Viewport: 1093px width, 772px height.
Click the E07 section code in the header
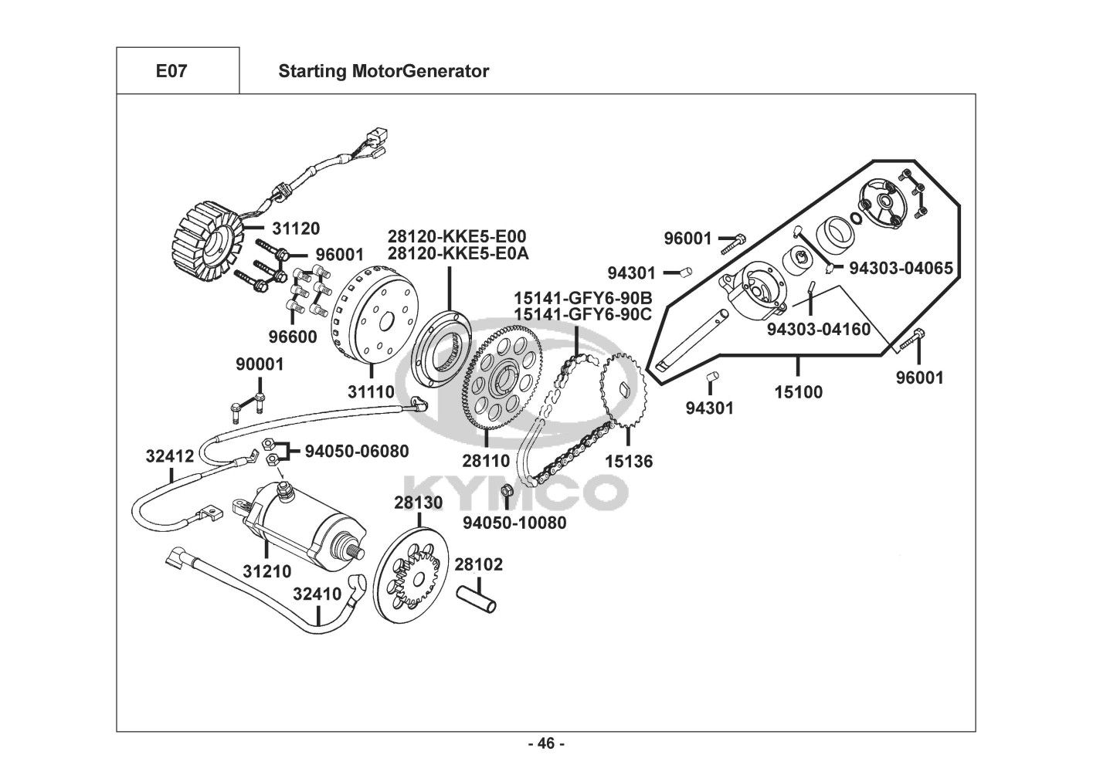click(x=171, y=71)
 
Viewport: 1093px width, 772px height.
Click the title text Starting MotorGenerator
click(x=383, y=71)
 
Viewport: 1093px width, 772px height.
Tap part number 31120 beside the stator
click(x=295, y=229)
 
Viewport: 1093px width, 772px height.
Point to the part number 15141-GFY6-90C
click(x=583, y=313)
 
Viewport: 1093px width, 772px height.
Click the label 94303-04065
click(x=901, y=268)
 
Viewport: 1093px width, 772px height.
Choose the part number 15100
click(x=799, y=391)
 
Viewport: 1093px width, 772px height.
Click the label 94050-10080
click(x=514, y=523)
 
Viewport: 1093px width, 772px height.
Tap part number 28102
click(x=478, y=564)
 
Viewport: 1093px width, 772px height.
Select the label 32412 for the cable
click(x=169, y=456)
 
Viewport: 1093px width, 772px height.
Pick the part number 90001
click(x=260, y=364)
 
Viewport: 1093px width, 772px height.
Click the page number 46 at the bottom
click(x=546, y=744)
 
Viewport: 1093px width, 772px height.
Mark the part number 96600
click(x=292, y=337)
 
